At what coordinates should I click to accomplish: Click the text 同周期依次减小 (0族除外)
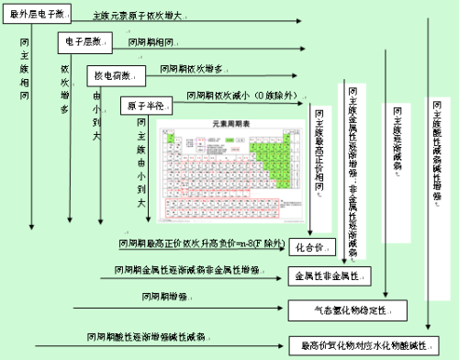click(x=229, y=96)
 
